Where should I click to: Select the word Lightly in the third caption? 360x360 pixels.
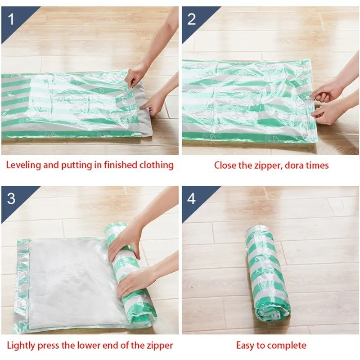[x=21, y=346]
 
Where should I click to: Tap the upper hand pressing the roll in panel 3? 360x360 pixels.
[x=125, y=243]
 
